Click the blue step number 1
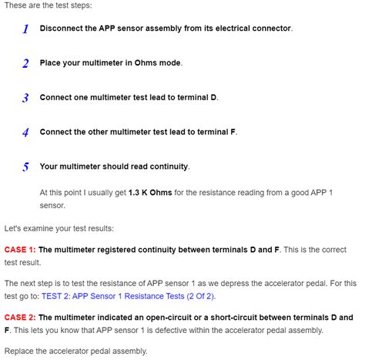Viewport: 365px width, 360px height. coord(25,29)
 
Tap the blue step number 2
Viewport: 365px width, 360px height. coord(25,64)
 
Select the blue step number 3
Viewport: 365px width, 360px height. coord(25,99)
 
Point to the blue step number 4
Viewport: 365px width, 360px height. coord(25,133)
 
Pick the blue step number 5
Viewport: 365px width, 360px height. coord(25,167)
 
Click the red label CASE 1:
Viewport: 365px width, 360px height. coord(20,250)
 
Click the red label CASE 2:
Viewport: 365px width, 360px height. coord(20,317)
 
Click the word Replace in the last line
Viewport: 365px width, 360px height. coord(21,352)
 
